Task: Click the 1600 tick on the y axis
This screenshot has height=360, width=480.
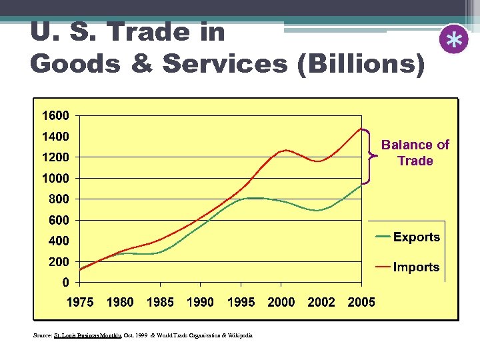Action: (x=55, y=115)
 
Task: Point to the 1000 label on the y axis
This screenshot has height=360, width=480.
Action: (x=55, y=178)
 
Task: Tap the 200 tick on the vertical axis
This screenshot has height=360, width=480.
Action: (x=59, y=261)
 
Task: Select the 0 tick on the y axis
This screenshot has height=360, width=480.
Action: (x=65, y=282)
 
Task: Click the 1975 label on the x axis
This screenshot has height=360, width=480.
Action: (x=79, y=302)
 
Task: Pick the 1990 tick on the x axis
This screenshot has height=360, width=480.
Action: (x=200, y=302)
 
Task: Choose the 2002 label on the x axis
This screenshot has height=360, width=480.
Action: (x=321, y=302)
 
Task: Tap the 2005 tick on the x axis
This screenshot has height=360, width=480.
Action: (x=361, y=302)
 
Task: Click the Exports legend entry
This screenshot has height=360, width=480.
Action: (x=416, y=237)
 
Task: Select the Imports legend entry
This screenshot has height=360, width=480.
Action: (x=416, y=267)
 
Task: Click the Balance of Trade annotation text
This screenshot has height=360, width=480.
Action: (x=415, y=153)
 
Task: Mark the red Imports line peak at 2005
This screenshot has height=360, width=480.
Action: (x=361, y=128)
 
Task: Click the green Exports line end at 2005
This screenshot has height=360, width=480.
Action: (x=361, y=185)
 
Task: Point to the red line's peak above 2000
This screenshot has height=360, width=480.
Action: (x=285, y=150)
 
